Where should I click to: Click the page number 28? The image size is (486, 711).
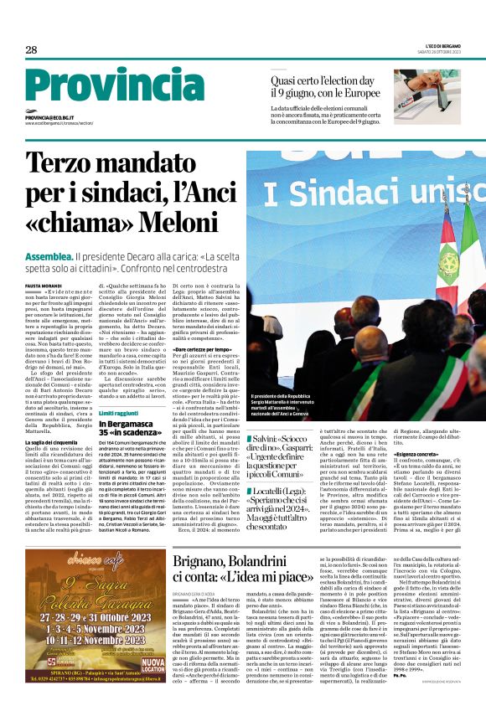[x=31, y=50]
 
